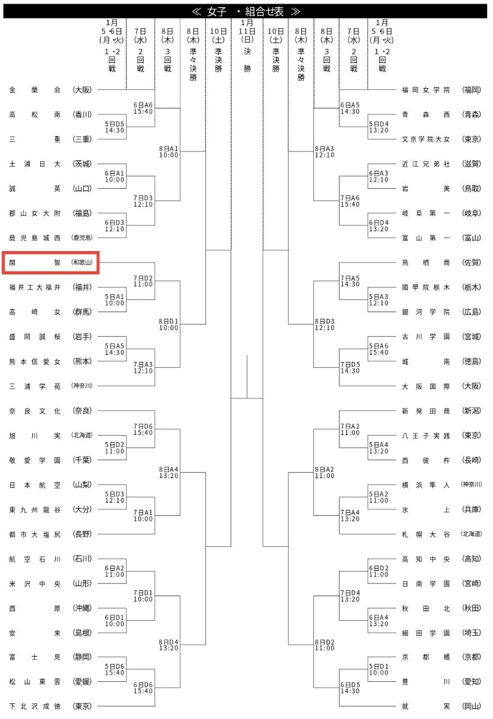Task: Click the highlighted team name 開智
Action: click(x=35, y=262)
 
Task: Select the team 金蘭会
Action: click(x=35, y=90)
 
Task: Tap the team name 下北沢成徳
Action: click(x=35, y=706)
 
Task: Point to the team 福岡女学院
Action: click(x=425, y=90)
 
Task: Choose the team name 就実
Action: click(x=425, y=706)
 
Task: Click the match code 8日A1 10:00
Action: click(x=168, y=152)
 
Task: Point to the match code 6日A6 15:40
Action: click(x=143, y=108)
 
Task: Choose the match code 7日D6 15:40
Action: click(x=143, y=429)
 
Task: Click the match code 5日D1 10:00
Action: click(x=379, y=669)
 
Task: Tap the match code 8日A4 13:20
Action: click(x=168, y=472)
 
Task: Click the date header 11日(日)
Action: click(x=247, y=31)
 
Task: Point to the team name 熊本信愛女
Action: click(x=35, y=361)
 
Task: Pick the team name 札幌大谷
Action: click(x=425, y=534)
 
